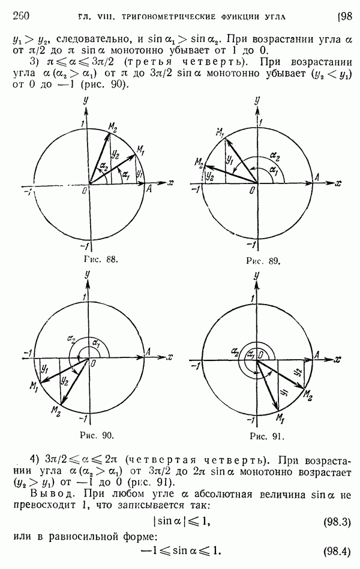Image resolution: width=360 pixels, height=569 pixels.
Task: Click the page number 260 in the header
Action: click(x=21, y=16)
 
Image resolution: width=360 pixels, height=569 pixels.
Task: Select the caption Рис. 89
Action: click(x=263, y=261)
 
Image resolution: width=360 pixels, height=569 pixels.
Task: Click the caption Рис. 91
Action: click(x=266, y=436)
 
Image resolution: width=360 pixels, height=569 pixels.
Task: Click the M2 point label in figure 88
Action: click(x=113, y=127)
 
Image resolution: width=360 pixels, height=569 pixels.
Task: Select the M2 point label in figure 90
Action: click(x=56, y=411)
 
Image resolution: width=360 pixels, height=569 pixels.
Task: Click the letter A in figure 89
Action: click(x=317, y=177)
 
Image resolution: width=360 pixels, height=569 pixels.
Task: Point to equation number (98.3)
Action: click(x=337, y=523)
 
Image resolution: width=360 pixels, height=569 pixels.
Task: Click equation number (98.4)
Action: click(x=337, y=552)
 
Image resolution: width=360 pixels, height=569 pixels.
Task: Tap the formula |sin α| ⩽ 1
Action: click(x=182, y=522)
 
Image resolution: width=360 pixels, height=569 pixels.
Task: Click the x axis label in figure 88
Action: click(x=170, y=183)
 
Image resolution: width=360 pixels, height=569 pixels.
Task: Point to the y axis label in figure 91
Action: click(x=257, y=277)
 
